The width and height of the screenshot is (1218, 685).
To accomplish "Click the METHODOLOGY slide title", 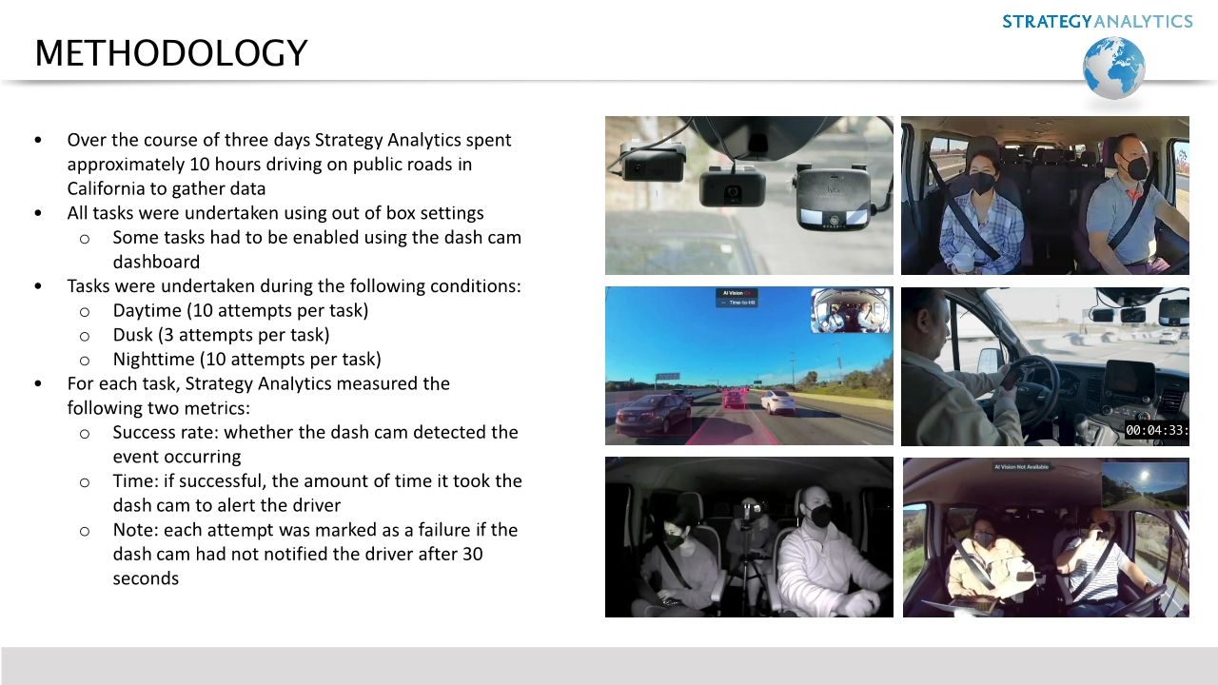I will coord(171,53).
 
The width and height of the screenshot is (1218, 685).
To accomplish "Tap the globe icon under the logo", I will coord(1113,68).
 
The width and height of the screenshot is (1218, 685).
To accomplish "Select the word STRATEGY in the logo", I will coord(1046,21).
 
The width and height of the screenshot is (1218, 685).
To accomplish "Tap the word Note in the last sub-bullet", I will coord(132,529).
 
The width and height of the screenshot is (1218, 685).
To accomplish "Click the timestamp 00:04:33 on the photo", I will coord(1155,430).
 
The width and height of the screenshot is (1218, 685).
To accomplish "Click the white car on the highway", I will coord(776,401).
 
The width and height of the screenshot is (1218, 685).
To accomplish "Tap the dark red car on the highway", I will coord(653,413).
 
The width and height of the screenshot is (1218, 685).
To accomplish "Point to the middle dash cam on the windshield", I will coord(732,185).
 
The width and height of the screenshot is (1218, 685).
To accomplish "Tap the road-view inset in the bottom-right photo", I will coord(1145,485).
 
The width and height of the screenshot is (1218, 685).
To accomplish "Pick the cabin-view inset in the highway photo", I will coord(850,310).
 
